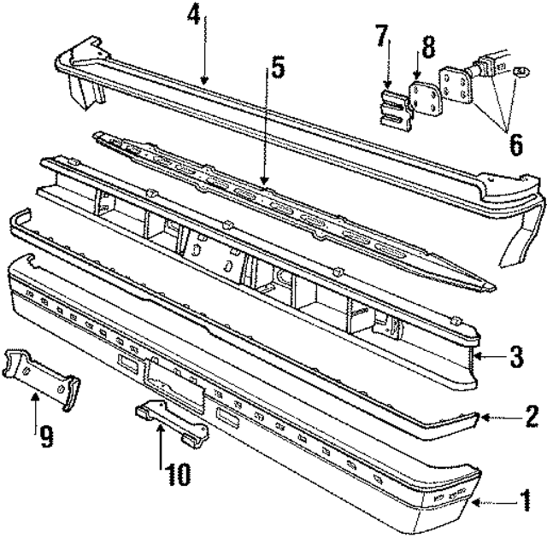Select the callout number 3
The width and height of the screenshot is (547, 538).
tap(515, 356)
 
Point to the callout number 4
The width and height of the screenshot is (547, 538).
tap(196, 15)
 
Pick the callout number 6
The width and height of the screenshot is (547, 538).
tap(515, 144)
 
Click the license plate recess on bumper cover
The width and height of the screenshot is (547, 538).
tap(175, 383)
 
